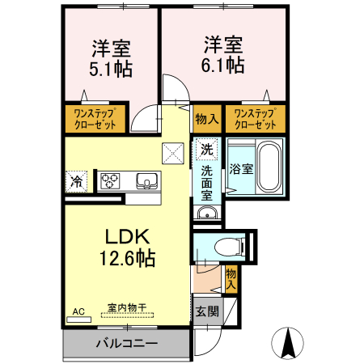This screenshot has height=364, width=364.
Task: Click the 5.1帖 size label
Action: pos(112,70)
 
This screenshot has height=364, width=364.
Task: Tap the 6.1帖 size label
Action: pos(222,65)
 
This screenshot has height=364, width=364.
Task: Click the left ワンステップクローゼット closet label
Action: pos(96,119)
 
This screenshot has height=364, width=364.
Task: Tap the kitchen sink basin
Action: pos(146,180)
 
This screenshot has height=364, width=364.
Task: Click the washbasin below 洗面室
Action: pos(206,214)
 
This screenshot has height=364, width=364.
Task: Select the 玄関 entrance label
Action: pos(205,311)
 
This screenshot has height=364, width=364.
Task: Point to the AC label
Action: pos(78,311)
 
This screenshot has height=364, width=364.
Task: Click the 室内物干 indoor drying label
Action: pos(126,308)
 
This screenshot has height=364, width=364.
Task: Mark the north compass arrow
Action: pos(287,343)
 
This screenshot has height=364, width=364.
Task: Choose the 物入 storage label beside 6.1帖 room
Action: pos(206,119)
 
